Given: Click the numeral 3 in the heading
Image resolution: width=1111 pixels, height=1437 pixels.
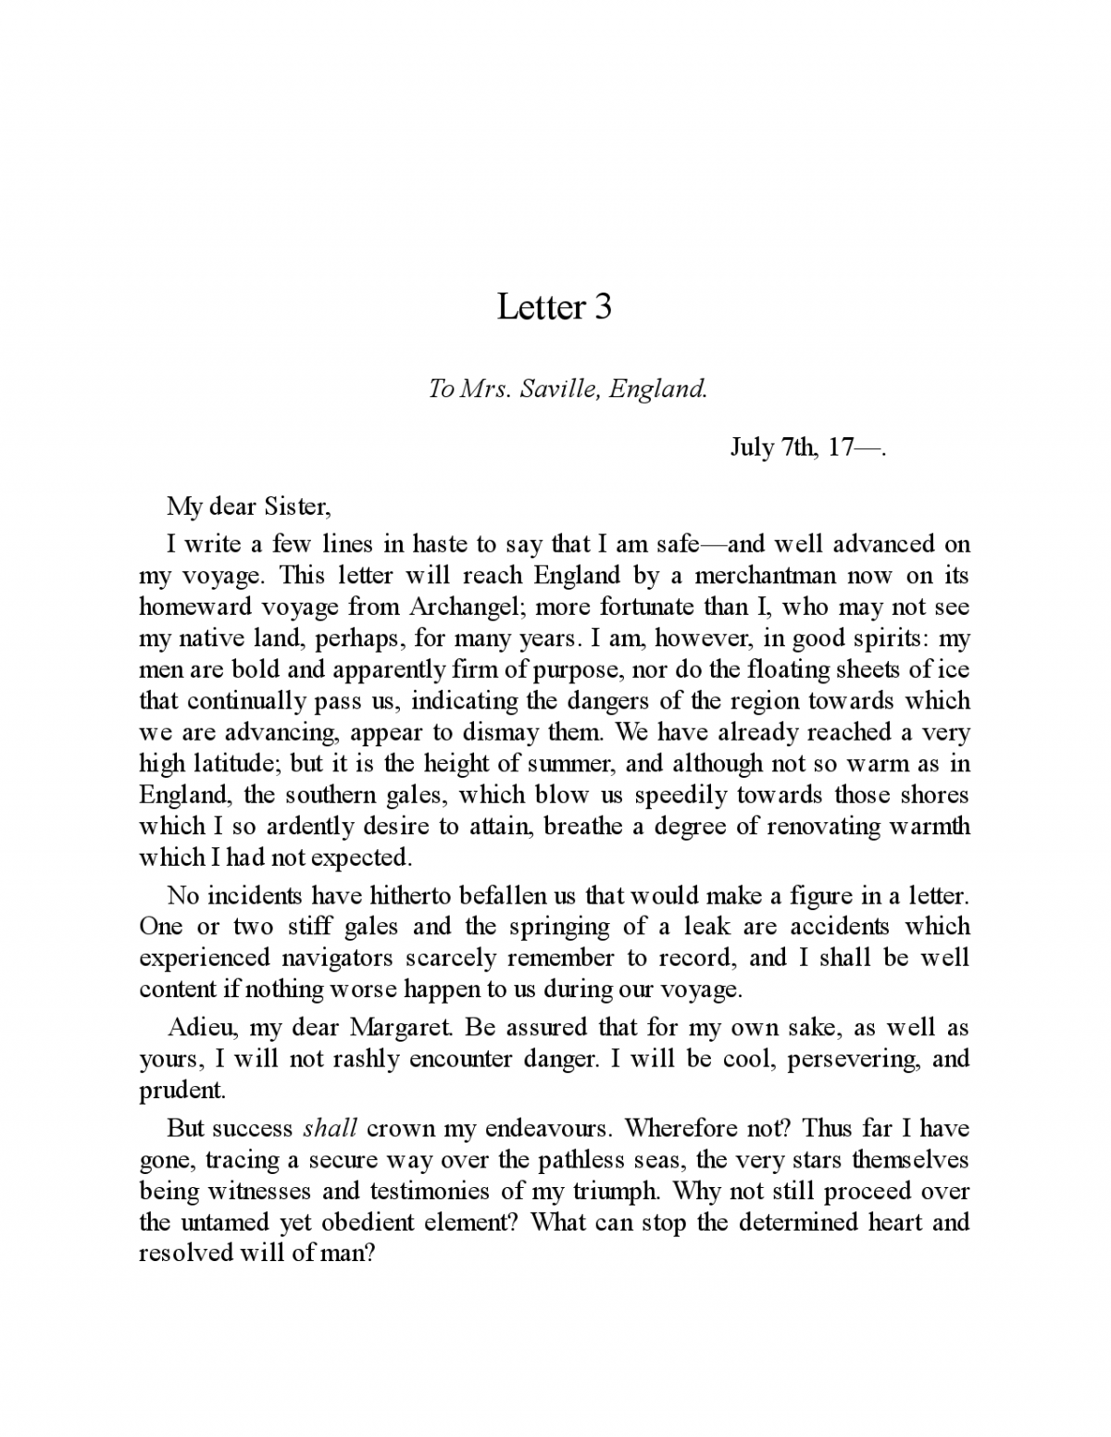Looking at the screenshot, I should pos(602,307).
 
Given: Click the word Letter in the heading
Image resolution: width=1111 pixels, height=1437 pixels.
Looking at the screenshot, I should pos(541,307).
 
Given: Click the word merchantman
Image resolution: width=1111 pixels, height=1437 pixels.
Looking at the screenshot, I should pos(769,575).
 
